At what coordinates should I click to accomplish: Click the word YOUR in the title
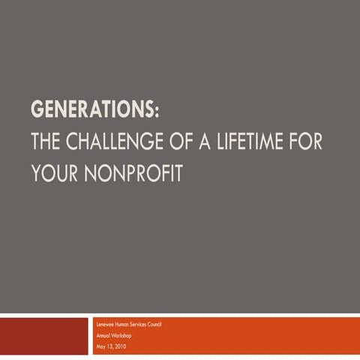[54, 172]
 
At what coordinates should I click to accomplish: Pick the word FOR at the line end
[307, 142]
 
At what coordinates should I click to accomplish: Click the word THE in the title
[49, 142]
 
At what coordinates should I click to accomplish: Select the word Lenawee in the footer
[106, 324]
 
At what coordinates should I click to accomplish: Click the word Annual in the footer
[104, 334]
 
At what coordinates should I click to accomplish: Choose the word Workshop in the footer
[123, 334]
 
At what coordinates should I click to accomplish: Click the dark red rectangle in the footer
[43, 336]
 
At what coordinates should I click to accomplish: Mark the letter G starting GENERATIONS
[37, 110]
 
